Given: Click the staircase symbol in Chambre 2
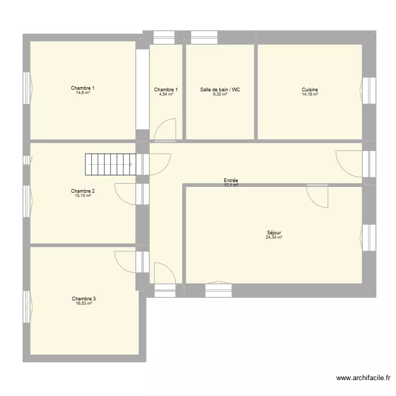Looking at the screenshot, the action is pos(110,164).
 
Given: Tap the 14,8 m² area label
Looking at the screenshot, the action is pos(83,93).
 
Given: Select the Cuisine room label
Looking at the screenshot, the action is pos(309,90).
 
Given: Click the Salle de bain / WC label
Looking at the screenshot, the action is pos(220,90).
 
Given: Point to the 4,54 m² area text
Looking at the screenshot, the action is pos(166,94).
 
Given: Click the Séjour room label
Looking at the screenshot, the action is pos(274,233).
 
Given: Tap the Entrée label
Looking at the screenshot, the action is pos(231,181).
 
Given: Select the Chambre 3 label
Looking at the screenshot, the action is pos(83,299).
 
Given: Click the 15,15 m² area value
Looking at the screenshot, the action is pos(83,195).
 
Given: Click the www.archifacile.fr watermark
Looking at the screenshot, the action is pos(363,378).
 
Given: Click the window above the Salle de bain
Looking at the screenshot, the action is pos(204,37).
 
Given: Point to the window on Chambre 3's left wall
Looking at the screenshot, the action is pos(27,307).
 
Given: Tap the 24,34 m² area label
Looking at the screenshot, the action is pos(274,238).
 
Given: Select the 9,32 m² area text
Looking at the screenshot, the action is pos(220,94).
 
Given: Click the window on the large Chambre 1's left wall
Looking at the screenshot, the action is pos(27,88).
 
